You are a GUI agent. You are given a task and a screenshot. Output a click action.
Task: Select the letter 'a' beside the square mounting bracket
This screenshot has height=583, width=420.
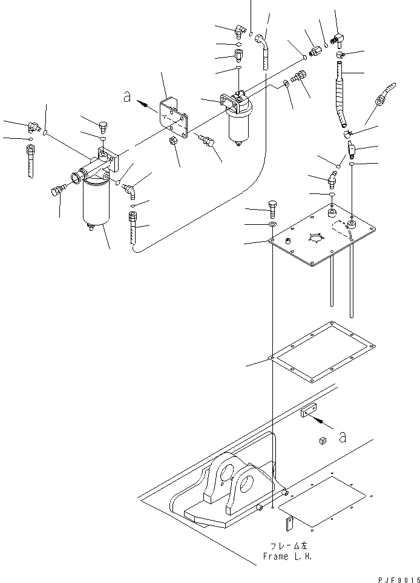126,96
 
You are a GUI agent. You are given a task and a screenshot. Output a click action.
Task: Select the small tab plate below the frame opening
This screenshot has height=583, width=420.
290,521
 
